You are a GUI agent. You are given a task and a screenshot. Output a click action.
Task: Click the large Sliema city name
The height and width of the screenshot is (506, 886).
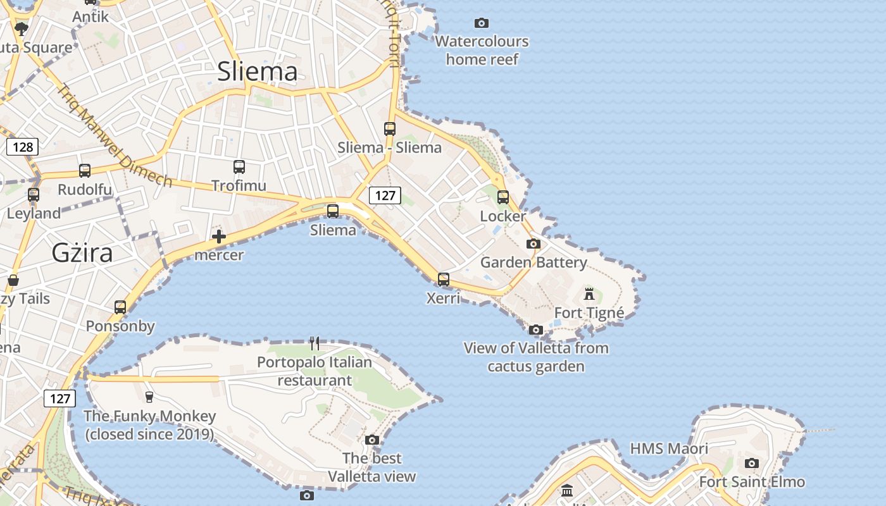point(257,71)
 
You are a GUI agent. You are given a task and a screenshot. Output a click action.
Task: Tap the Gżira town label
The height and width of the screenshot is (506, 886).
point(82,253)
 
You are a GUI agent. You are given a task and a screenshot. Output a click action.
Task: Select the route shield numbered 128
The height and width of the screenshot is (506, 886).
point(22,147)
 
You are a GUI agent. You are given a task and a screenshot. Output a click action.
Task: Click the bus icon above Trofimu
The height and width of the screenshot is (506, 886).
point(239,167)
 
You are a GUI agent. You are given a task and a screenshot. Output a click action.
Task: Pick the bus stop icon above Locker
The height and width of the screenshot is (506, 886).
point(503,197)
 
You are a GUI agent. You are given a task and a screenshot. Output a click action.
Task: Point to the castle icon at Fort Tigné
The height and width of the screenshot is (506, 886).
point(589,294)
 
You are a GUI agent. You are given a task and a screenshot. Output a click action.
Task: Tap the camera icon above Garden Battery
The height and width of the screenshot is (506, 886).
point(533,244)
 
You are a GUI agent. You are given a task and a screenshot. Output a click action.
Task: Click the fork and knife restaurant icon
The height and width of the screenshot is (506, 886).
point(315,343)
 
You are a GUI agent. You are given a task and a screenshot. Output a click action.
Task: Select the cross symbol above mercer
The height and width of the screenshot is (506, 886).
point(219,237)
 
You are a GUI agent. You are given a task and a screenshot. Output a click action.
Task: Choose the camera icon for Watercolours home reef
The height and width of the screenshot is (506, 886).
point(482,23)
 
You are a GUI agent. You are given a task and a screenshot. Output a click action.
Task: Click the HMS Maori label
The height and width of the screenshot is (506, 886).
point(669,449)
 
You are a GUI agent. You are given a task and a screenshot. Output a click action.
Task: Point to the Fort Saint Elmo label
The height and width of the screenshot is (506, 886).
point(752,482)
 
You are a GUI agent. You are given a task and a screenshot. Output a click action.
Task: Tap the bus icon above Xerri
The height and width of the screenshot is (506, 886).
point(444,279)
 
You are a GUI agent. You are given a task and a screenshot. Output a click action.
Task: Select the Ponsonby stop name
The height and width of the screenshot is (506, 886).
point(120,326)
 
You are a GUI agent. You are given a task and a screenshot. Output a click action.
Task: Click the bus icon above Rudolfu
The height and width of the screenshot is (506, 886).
point(85,171)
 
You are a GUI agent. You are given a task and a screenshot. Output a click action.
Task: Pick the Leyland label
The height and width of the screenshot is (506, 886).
point(34,214)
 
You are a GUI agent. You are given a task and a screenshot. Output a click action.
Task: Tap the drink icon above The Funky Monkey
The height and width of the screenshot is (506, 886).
point(149,397)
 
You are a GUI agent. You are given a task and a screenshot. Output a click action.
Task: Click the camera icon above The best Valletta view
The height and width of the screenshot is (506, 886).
point(372,440)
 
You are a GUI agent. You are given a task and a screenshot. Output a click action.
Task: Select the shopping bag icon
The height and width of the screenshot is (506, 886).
point(13,280)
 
